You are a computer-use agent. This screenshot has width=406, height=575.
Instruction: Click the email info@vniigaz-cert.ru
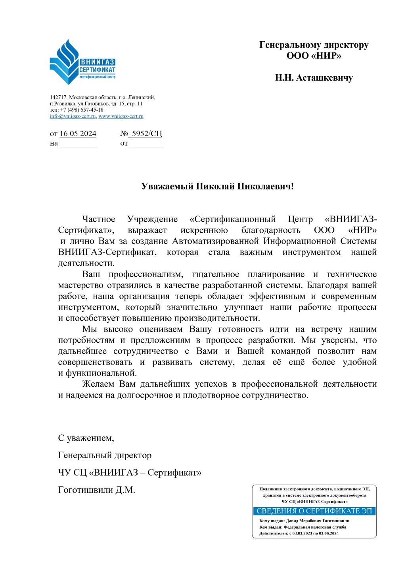pyautogui.click(x=73, y=116)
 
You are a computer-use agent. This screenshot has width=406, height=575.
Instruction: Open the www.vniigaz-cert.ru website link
pyautogui.click(x=121, y=116)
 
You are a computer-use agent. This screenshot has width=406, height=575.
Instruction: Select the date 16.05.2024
pyautogui.click(x=78, y=134)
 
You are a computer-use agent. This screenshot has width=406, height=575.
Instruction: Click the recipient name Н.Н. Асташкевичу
pyautogui.click(x=314, y=78)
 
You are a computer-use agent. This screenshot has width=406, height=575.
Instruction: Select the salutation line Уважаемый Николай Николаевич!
pyautogui.click(x=218, y=186)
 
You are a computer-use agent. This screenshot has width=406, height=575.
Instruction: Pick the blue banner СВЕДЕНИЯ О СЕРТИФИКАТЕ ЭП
pyautogui.click(x=314, y=511)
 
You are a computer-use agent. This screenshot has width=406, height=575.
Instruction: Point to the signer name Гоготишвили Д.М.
pyautogui.click(x=97, y=490)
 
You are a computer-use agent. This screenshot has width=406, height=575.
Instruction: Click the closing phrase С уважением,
pyautogui.click(x=86, y=438)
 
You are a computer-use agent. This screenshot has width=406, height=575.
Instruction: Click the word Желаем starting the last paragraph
pyautogui.click(x=98, y=384)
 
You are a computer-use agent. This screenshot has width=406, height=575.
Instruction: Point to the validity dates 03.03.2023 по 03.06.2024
pyautogui.click(x=316, y=533)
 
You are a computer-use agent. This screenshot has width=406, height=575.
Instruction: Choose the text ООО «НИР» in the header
pyautogui.click(x=314, y=56)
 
